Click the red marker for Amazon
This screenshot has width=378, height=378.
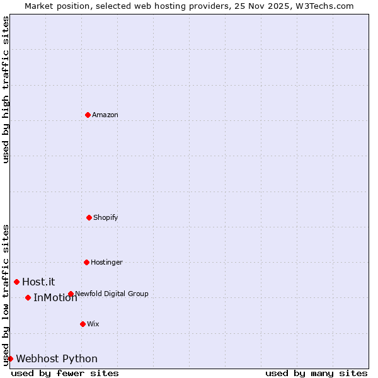88,115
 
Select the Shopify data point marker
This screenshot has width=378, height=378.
89,217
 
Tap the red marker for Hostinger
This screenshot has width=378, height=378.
86,262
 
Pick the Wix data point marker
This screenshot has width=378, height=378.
83,324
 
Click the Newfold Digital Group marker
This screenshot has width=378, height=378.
71,294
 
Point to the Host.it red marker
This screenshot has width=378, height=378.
16,282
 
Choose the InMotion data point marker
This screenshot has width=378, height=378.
28,297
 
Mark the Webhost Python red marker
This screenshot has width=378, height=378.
10,358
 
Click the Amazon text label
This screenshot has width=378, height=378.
105,115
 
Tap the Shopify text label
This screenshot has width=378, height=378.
106,217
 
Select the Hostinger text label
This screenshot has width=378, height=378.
106,262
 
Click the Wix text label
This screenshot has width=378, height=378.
93,324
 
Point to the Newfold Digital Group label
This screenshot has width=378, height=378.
112,294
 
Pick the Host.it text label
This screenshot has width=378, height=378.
38,282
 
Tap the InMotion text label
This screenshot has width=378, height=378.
55,297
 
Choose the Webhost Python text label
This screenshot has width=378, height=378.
57,358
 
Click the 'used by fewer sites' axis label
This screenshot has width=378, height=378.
65,373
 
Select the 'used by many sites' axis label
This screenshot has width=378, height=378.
316,373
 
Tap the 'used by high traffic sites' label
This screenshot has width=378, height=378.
6,89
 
